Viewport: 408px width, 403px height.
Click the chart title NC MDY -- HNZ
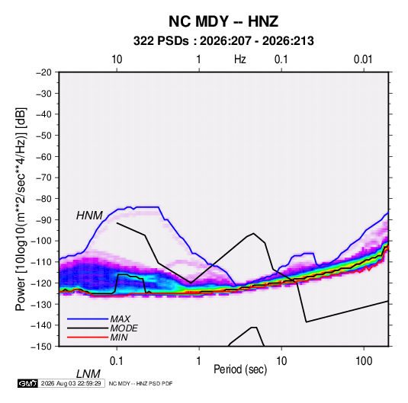(x=223, y=21)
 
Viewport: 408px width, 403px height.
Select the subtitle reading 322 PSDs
(x=161, y=41)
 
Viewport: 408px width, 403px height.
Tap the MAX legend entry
(x=120, y=318)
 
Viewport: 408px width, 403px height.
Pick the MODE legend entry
(x=124, y=328)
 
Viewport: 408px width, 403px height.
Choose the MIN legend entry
(x=119, y=337)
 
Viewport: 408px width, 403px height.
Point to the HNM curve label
(x=89, y=216)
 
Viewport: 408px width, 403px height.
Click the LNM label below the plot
(x=88, y=374)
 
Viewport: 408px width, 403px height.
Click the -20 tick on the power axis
(x=43, y=72)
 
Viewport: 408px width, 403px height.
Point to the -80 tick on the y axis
(x=43, y=199)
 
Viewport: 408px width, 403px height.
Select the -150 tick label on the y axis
(x=41, y=347)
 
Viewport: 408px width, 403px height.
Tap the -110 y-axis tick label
(x=41, y=262)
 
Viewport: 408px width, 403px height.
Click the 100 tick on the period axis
(x=364, y=361)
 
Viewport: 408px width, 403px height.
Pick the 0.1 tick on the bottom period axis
(x=117, y=361)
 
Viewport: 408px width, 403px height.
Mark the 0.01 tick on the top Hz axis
(x=363, y=59)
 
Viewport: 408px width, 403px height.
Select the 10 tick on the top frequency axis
(x=117, y=59)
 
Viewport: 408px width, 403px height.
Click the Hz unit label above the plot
(x=240, y=59)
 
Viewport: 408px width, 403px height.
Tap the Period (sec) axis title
(x=240, y=369)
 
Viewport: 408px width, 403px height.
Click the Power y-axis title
(x=21, y=209)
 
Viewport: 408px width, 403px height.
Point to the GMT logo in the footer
(x=27, y=383)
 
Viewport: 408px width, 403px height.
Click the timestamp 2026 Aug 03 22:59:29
(x=71, y=383)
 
